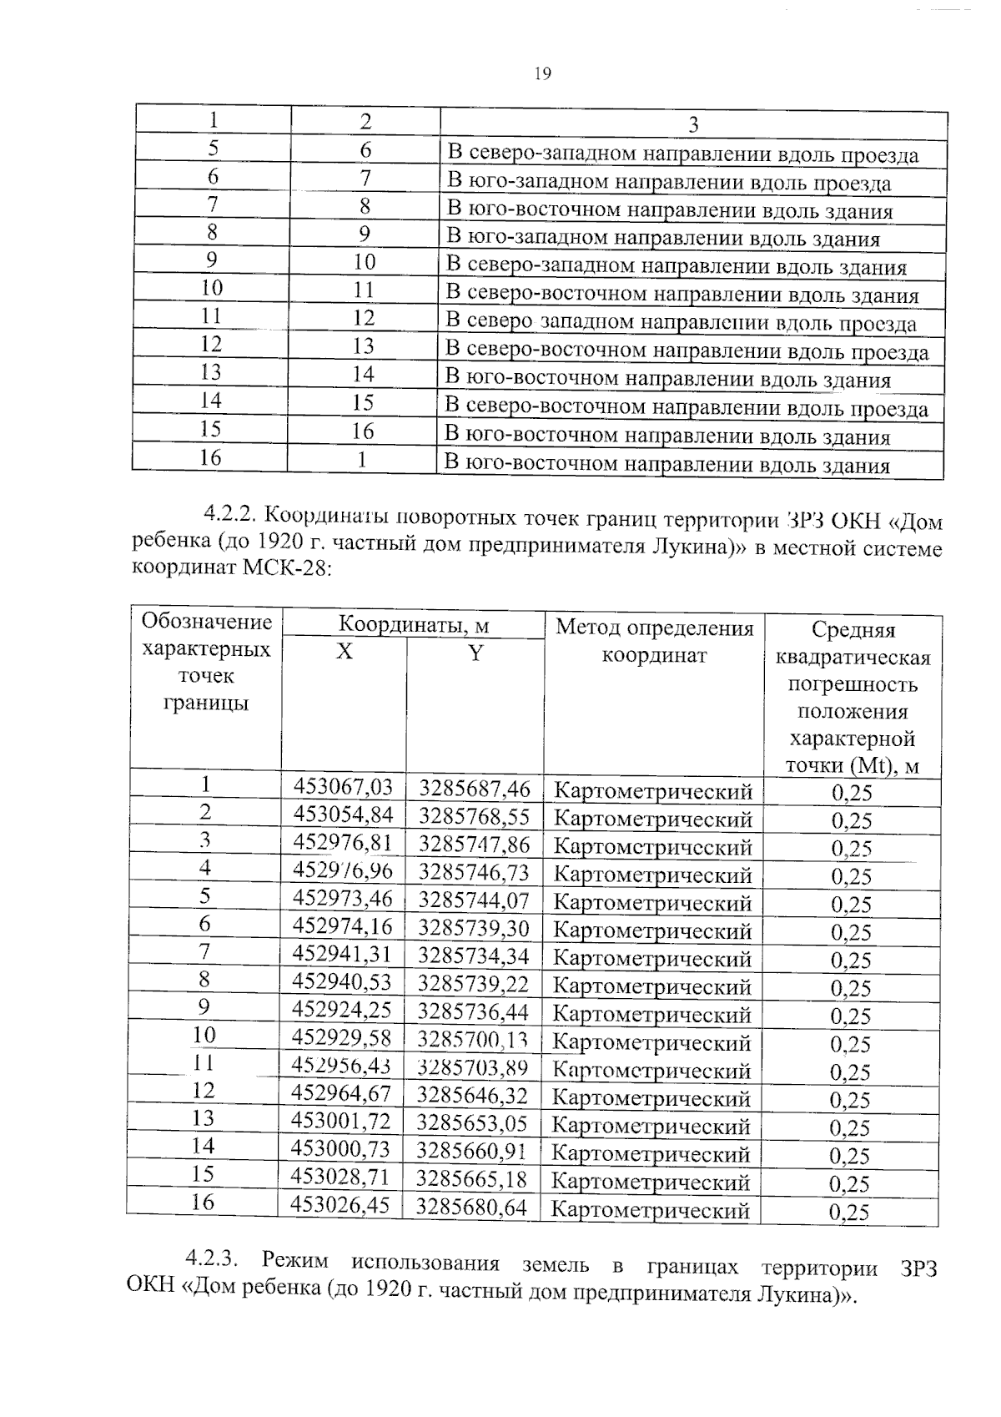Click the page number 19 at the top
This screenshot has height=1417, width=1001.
(x=542, y=74)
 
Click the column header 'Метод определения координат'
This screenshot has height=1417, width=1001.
(x=654, y=641)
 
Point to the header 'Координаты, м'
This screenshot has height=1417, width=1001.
(x=413, y=625)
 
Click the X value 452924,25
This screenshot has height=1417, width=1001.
(x=341, y=1010)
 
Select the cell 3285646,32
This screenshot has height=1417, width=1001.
(x=472, y=1094)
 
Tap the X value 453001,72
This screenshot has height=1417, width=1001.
(x=340, y=1122)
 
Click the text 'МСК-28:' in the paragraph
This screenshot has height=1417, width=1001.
(x=289, y=569)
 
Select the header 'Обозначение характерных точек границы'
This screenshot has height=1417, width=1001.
(x=206, y=662)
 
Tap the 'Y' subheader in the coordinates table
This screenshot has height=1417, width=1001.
(x=475, y=653)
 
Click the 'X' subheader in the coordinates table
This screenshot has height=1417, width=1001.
(x=344, y=652)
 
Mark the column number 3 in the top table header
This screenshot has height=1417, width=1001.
(x=692, y=125)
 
